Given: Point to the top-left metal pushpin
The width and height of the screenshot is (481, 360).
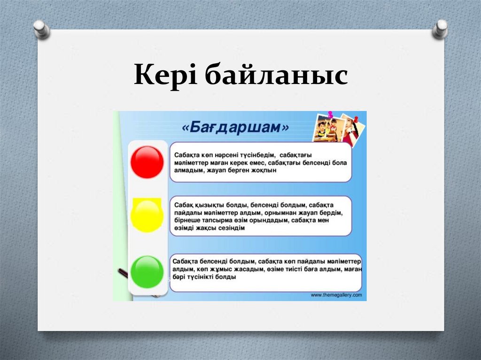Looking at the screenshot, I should (x=42, y=29).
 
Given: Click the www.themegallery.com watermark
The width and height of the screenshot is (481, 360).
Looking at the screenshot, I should (x=336, y=295).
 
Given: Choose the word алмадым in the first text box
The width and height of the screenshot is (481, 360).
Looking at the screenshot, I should (x=188, y=171).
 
